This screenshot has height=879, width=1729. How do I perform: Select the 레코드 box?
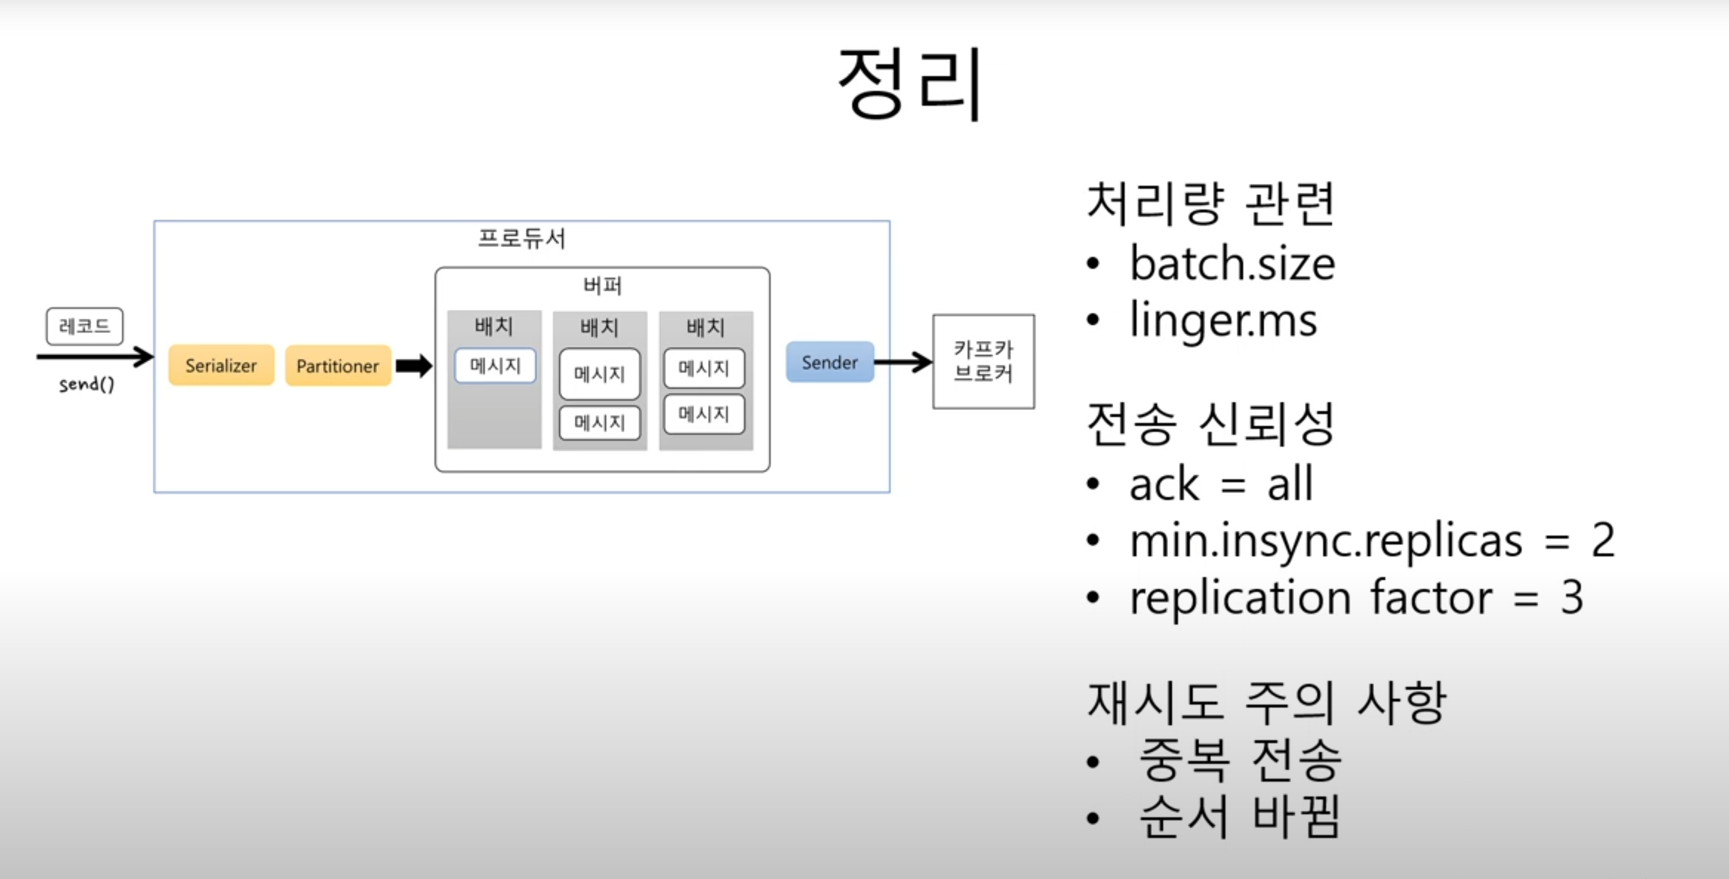[84, 326]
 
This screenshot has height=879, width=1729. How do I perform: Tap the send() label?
[86, 384]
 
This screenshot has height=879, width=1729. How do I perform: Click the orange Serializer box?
[221, 365]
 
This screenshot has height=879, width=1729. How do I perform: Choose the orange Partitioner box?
[338, 365]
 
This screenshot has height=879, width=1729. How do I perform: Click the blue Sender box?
[829, 363]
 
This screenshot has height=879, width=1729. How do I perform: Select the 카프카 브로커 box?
[983, 361]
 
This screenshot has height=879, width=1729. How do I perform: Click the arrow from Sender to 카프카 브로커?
[903, 363]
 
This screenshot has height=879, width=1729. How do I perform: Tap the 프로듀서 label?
[521, 238]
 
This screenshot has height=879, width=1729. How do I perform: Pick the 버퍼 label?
[602, 286]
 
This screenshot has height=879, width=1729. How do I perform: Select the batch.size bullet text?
[1232, 263]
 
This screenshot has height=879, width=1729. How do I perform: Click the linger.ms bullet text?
[1223, 320]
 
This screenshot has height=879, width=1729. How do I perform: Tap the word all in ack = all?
[1290, 484]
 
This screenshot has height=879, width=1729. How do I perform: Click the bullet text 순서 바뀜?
[1239, 817]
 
